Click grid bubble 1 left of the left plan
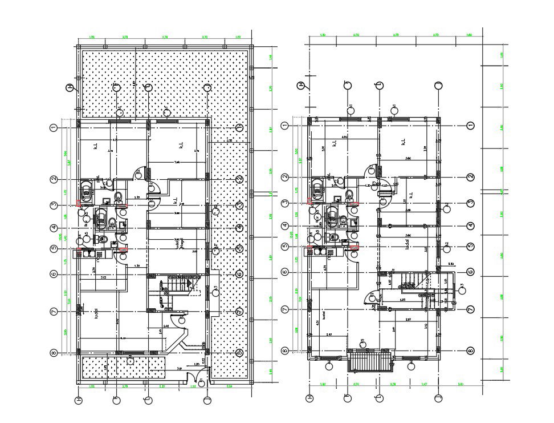(53, 127)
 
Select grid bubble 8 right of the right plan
(471, 351)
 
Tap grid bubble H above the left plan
(70, 87)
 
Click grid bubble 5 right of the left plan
(239, 249)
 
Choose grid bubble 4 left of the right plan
(285, 226)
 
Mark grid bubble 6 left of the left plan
(53, 274)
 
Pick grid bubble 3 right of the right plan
(471, 203)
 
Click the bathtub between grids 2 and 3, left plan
(86, 190)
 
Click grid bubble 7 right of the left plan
(239, 311)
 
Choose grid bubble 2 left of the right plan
(285, 178)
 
